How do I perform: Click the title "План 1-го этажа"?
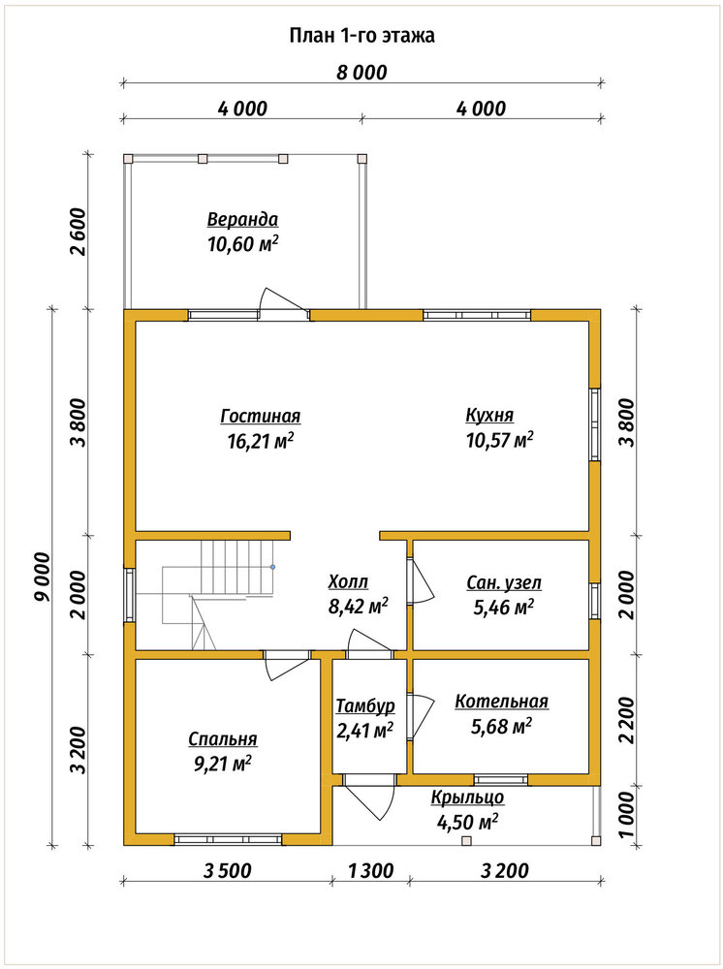(x=362, y=36)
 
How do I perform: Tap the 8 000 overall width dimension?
(x=362, y=73)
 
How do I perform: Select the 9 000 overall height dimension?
(x=42, y=577)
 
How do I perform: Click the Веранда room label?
(x=243, y=219)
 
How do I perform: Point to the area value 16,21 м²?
(x=260, y=441)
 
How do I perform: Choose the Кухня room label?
(x=489, y=416)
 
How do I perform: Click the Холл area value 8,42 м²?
(x=359, y=607)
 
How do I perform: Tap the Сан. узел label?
(x=504, y=582)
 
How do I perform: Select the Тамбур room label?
(x=365, y=705)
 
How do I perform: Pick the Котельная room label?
(x=502, y=702)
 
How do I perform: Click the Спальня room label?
(x=223, y=739)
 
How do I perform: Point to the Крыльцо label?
(x=468, y=797)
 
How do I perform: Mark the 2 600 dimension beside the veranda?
(x=79, y=233)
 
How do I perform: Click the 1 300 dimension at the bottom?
(x=371, y=871)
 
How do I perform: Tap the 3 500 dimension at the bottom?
(x=228, y=871)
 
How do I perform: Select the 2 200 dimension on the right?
(x=626, y=720)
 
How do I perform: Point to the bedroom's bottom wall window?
(x=228, y=840)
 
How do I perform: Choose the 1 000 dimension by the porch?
(x=626, y=816)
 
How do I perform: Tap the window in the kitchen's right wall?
(x=595, y=424)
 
